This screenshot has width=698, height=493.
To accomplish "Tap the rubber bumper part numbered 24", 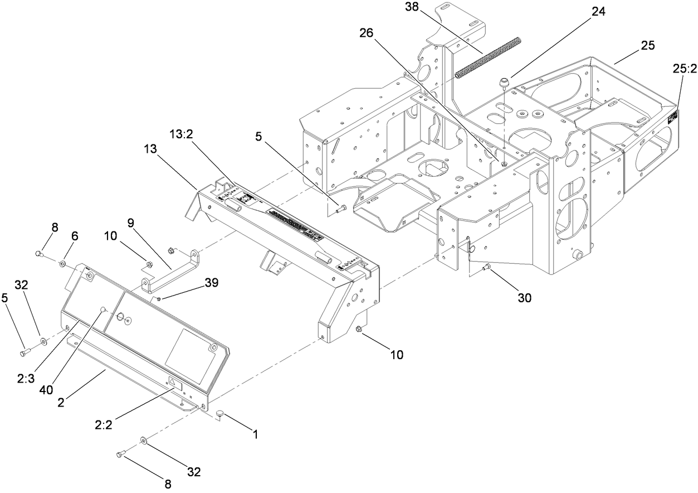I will [504, 83].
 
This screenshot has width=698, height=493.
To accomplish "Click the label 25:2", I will [682, 68].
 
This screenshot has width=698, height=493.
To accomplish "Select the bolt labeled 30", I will [487, 268].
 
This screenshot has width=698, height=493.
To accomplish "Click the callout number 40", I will [47, 390].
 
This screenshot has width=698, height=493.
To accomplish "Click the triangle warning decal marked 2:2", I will [172, 383].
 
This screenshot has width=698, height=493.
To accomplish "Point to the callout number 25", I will [648, 45].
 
